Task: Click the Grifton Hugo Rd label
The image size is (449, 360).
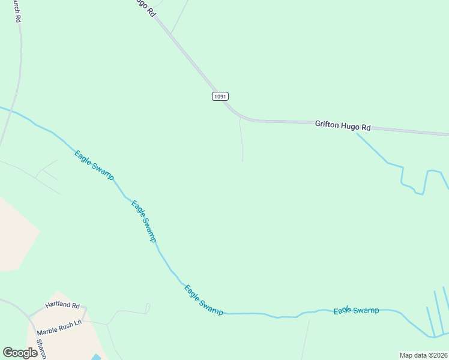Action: [x=343, y=125]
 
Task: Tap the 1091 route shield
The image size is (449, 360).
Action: [x=220, y=96]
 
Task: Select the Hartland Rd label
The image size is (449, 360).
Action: [x=62, y=305]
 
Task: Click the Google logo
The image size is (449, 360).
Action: [x=20, y=353]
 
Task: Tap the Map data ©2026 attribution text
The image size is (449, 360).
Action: [x=423, y=355]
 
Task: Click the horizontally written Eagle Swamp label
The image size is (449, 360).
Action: [x=357, y=310]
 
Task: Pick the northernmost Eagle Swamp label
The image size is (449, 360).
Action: [x=94, y=163]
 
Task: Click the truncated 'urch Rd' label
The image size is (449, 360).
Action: [x=17, y=11]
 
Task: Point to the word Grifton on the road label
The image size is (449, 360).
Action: [x=327, y=124]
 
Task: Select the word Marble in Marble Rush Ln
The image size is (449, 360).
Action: [x=48, y=331]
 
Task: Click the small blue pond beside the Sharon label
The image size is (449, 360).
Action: [x=96, y=357]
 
